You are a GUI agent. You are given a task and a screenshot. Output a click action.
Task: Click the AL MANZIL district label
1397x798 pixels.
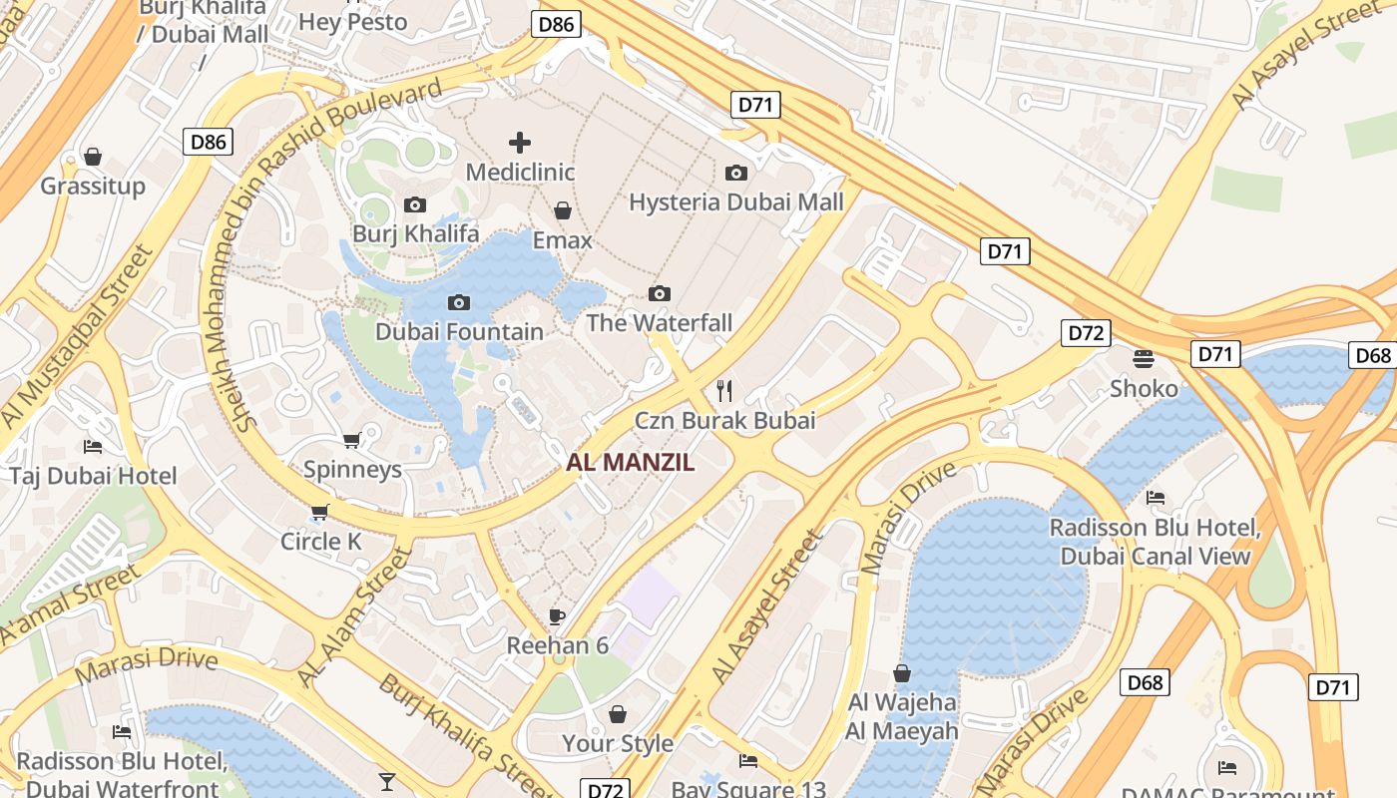click(630, 463)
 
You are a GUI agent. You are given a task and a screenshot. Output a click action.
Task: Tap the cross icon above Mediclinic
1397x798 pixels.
click(520, 143)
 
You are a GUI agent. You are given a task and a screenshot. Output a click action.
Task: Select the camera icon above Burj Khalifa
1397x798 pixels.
click(415, 205)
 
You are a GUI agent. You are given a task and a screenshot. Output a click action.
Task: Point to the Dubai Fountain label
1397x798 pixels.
click(459, 331)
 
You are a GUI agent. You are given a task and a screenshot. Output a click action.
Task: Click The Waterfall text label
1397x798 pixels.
click(659, 323)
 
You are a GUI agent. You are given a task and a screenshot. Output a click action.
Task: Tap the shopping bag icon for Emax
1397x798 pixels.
click(563, 211)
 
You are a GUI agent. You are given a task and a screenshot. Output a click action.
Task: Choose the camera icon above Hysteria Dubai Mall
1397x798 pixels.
click(736, 174)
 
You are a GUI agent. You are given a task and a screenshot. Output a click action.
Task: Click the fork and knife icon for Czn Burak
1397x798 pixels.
click(725, 391)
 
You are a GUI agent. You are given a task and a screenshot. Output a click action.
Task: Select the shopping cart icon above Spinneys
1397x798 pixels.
click(351, 440)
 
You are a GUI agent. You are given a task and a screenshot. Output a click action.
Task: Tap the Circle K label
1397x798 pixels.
click(320, 542)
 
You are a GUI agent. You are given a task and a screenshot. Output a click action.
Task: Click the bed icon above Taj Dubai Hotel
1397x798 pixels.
click(93, 447)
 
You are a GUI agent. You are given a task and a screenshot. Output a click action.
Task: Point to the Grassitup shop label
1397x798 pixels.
click(93, 187)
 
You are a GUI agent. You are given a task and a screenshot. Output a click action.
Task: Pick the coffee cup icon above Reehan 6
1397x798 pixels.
click(557, 616)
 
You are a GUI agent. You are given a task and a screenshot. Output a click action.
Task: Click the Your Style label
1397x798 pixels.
click(618, 743)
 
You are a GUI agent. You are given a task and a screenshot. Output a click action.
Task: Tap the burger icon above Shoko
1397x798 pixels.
click(1144, 358)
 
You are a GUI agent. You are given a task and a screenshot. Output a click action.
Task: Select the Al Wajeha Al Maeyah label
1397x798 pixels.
click(902, 716)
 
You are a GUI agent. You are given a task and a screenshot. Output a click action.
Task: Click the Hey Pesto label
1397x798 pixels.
click(353, 22)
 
